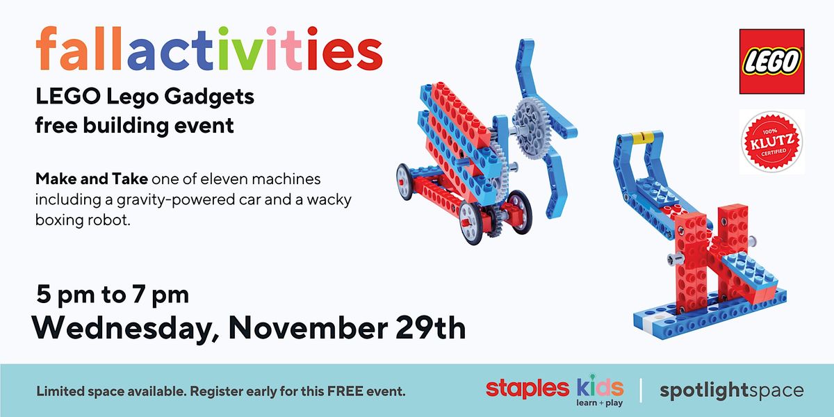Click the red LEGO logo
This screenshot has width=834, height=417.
771,61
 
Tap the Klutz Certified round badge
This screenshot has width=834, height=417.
771,142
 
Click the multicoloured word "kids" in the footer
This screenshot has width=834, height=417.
600,387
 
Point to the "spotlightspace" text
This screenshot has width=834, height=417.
731,391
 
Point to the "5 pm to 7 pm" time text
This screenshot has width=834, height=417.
113,294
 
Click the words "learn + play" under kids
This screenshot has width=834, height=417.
600,403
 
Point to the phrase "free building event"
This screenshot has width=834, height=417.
135,126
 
